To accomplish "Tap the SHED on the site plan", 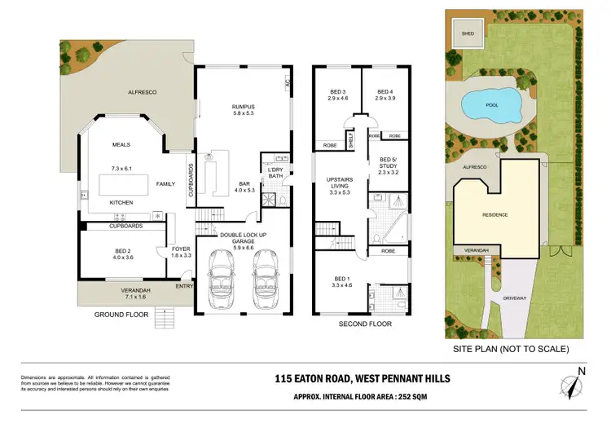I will pos(468,34).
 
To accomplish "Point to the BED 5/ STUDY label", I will pos(389,165).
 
